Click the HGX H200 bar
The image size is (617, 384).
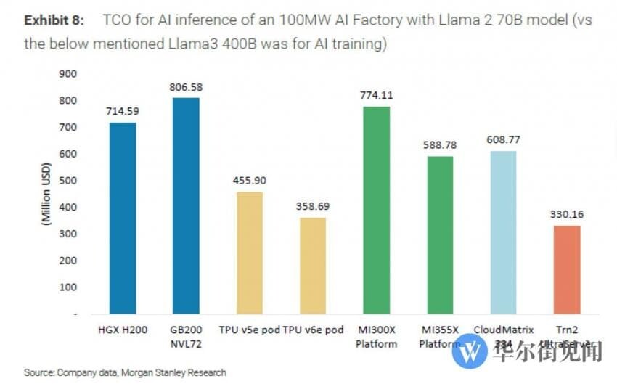[x=123, y=218]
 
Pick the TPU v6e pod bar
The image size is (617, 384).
[x=313, y=266]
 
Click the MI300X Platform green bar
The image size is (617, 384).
[x=376, y=210]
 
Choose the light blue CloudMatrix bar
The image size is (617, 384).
[x=503, y=232]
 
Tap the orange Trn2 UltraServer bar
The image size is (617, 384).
[x=567, y=269]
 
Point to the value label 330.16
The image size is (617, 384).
[x=567, y=214]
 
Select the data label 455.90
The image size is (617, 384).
[x=250, y=181]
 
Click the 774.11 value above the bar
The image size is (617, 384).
[x=376, y=95]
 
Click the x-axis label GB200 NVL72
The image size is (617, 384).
[x=186, y=336]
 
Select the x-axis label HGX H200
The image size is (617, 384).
[x=123, y=330]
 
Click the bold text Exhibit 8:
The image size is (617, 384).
[x=55, y=20]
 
